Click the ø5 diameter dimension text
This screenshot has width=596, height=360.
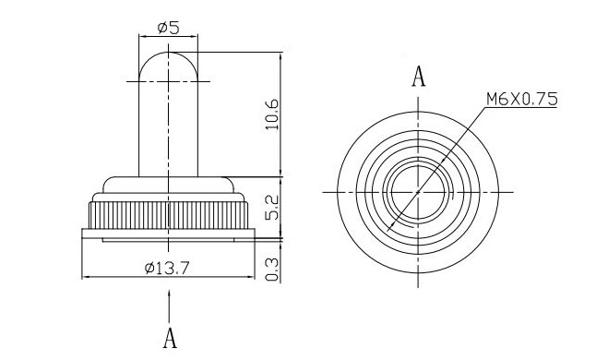tap(168, 28)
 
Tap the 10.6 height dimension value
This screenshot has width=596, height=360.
tap(272, 114)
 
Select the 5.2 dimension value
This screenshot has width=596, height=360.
tap(272, 208)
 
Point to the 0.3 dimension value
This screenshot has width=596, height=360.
tap(272, 270)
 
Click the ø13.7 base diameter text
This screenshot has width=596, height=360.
tap(167, 269)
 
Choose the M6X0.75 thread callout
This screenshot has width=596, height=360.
tap(522, 99)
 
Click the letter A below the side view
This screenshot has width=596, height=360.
tap(170, 338)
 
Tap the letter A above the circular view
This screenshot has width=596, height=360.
tap(419, 77)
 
